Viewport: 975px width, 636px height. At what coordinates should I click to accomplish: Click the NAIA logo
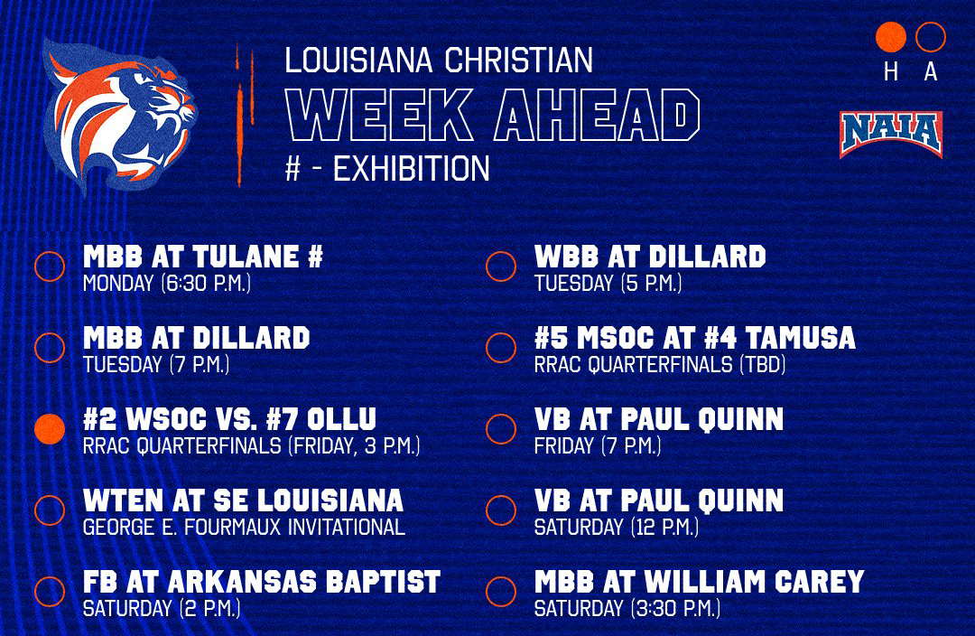click(890, 135)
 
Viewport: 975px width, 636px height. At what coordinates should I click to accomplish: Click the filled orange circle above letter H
click(891, 37)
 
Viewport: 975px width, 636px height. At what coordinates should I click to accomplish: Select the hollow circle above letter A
click(930, 37)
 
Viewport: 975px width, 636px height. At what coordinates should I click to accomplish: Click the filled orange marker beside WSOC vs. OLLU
click(50, 428)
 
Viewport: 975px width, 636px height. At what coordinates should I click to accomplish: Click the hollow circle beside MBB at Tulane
click(50, 266)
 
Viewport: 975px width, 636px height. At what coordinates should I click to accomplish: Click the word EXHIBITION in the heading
click(412, 169)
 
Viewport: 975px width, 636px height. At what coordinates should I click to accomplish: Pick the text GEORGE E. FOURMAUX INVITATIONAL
click(244, 527)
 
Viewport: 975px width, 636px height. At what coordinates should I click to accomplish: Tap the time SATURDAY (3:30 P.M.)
click(627, 608)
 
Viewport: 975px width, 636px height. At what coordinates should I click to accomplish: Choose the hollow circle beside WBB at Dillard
click(500, 266)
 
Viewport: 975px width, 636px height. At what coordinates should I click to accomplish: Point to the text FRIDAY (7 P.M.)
click(598, 445)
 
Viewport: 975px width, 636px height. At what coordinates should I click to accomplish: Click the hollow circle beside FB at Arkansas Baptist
click(50, 592)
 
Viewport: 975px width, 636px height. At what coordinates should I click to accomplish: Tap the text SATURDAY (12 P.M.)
click(617, 527)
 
